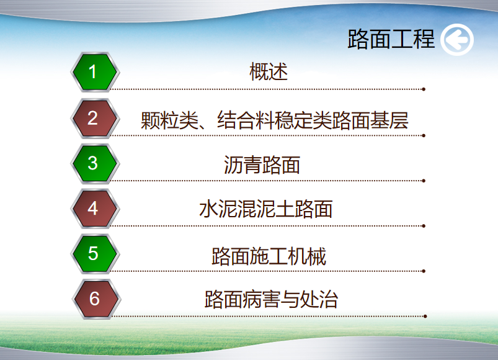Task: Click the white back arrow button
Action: pyautogui.click(x=457, y=40)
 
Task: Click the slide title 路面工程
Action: pyautogui.click(x=391, y=39)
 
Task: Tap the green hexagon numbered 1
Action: pyautogui.click(x=95, y=72)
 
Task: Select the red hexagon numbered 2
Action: pyautogui.click(x=95, y=119)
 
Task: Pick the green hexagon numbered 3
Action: pyautogui.click(x=95, y=164)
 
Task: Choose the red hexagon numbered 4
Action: pyautogui.click(x=95, y=209)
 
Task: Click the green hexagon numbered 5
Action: pyautogui.click(x=95, y=254)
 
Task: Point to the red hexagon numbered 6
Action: pyautogui.click(x=96, y=299)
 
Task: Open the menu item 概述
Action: pyautogui.click(x=269, y=71)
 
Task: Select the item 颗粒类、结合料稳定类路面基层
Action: pyautogui.click(x=274, y=120)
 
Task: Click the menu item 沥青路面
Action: pyautogui.click(x=262, y=165)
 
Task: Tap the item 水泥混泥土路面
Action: pyautogui.click(x=266, y=209)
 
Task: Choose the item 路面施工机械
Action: pyautogui.click(x=269, y=256)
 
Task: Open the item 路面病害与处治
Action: pyautogui.click(x=271, y=299)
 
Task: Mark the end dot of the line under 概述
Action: pyautogui.click(x=424, y=89)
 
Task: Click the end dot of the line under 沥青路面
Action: pyautogui.click(x=424, y=181)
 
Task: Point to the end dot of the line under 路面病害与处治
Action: pyautogui.click(x=425, y=316)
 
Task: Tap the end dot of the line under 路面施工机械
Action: pyautogui.click(x=424, y=271)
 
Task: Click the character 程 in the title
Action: pyautogui.click(x=424, y=39)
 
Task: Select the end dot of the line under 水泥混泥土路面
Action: pyautogui.click(x=424, y=226)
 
